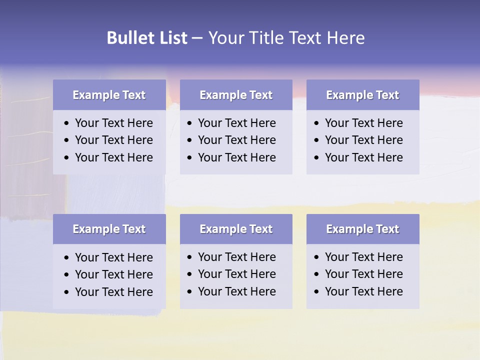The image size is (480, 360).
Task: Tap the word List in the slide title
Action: click(x=171, y=38)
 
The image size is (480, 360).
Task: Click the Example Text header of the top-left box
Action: click(x=109, y=95)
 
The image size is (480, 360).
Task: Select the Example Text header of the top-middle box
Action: click(x=236, y=95)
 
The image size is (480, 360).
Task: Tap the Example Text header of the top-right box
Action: click(x=362, y=95)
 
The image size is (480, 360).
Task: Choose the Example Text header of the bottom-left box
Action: click(x=109, y=229)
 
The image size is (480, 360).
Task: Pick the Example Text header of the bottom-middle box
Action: click(x=236, y=229)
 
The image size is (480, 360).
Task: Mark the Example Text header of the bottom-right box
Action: click(x=362, y=229)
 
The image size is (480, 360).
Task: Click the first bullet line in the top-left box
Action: click(x=113, y=123)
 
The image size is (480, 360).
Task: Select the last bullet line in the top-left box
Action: click(x=113, y=157)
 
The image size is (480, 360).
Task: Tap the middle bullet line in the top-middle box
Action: click(x=236, y=140)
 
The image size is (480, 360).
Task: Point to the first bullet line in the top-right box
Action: click(x=363, y=123)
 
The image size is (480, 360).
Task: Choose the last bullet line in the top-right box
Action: click(x=363, y=157)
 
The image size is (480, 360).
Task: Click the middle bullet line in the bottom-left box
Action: click(x=113, y=274)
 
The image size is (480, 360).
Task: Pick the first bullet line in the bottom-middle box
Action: click(x=236, y=257)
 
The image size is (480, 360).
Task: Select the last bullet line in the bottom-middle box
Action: click(x=236, y=291)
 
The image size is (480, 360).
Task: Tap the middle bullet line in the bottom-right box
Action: click(x=363, y=274)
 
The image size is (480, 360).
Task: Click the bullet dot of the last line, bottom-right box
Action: click(x=317, y=292)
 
